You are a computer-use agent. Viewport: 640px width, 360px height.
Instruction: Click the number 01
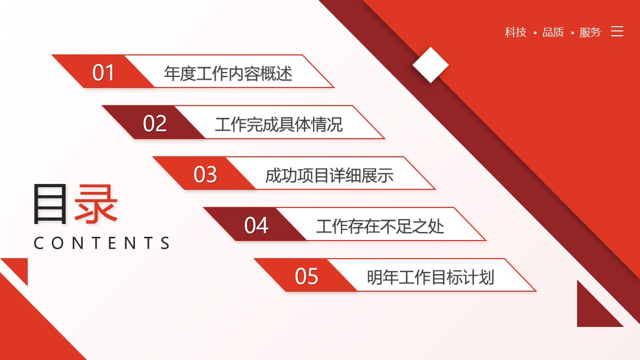[103, 73]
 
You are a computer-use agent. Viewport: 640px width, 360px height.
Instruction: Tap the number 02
[155, 123]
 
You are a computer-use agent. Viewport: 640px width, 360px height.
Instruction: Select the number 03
[205, 174]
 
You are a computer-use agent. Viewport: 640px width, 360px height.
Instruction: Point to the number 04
[256, 225]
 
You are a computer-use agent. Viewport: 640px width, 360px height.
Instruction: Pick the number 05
[307, 276]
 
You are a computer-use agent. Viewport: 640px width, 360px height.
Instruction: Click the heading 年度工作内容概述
[228, 73]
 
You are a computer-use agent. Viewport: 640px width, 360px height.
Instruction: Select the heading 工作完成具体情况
[278, 124]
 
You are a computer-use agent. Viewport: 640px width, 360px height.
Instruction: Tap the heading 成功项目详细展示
[329, 175]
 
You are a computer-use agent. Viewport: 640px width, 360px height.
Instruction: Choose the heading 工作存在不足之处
[380, 226]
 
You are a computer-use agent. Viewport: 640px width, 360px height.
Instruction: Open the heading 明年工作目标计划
[430, 277]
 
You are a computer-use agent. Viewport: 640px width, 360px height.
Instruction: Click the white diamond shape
[430, 65]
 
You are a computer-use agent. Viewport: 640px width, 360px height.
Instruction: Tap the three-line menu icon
[617, 31]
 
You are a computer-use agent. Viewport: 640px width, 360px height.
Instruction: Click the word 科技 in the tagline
[515, 32]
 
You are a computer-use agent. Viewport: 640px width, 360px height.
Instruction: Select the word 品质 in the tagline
[553, 32]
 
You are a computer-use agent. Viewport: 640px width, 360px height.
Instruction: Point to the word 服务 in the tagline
[590, 32]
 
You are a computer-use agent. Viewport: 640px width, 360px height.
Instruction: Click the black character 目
[50, 204]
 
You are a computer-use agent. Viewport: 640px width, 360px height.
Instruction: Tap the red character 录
[96, 204]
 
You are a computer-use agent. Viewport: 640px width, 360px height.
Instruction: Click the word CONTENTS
[102, 243]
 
